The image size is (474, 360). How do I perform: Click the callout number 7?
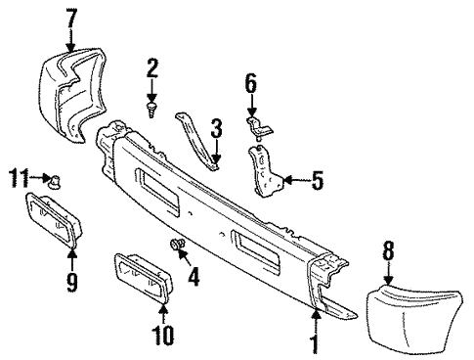click(70, 17)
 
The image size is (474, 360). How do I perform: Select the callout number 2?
click(151, 67)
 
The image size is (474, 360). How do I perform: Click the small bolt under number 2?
click(152, 105)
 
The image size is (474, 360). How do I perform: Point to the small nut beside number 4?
click(175, 245)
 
